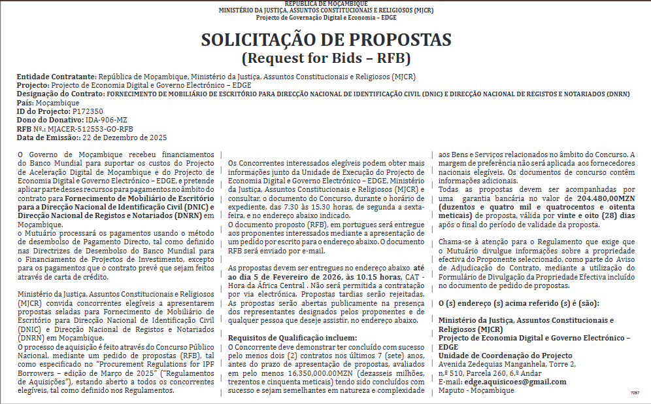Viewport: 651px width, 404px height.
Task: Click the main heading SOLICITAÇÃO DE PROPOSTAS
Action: pos(325,39)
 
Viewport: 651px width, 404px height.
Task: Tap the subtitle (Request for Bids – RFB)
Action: pos(325,58)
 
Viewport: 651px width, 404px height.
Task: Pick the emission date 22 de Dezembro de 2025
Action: pos(125,138)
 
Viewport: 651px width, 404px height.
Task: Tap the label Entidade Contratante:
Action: pos(56,77)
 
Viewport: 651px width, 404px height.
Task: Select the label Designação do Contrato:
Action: pos(61,94)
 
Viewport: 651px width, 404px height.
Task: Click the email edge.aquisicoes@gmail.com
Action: pos(515,382)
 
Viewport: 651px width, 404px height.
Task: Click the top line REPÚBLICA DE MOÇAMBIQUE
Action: pos(325,4)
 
